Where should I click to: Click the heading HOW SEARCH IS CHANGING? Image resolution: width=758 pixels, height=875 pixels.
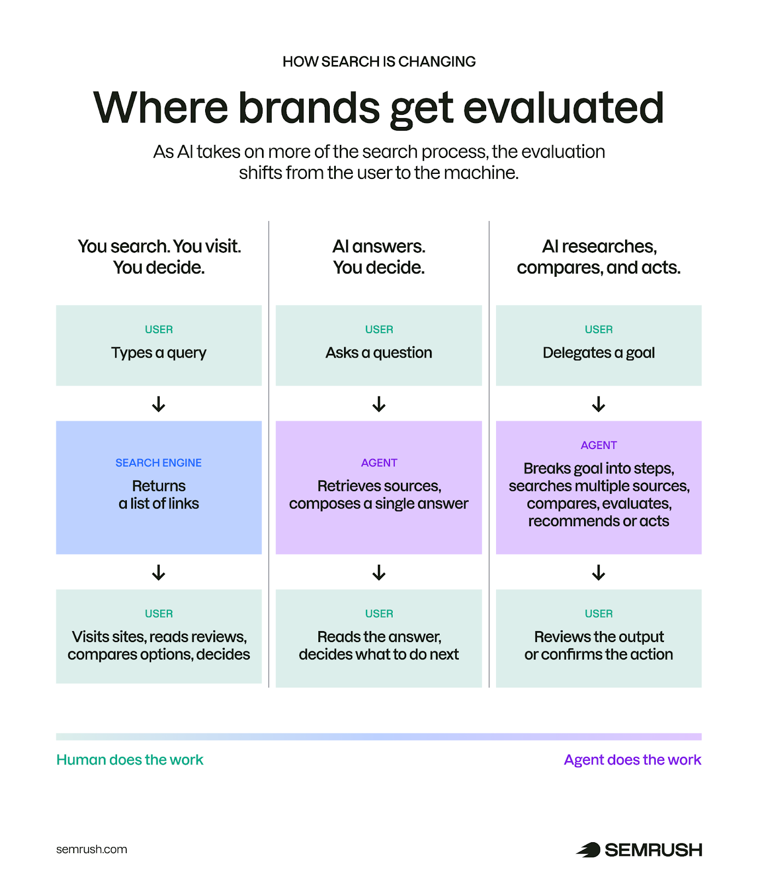pyautogui.click(x=378, y=61)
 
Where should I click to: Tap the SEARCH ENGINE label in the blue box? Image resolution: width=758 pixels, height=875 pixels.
pyautogui.click(x=159, y=463)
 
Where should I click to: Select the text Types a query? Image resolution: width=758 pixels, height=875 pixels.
pyautogui.click(x=159, y=353)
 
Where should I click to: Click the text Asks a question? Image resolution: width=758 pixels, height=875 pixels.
pyautogui.click(x=378, y=353)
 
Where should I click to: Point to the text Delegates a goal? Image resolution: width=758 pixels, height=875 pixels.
pyautogui.click(x=598, y=353)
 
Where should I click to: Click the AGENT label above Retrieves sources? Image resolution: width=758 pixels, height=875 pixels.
pyautogui.click(x=378, y=463)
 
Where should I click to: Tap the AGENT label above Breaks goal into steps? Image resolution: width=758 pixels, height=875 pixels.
pyautogui.click(x=598, y=445)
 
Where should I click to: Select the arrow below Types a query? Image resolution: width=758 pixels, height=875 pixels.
pyautogui.click(x=159, y=404)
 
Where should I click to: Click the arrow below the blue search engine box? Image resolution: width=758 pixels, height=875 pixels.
pyautogui.click(x=159, y=573)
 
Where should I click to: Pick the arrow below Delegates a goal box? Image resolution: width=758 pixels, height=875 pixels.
pyautogui.click(x=598, y=404)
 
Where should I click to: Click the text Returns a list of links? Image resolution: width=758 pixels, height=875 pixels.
pyautogui.click(x=159, y=494)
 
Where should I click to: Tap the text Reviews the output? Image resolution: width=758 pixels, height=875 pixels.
pyautogui.click(x=598, y=637)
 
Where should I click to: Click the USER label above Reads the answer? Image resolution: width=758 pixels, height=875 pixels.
pyautogui.click(x=378, y=614)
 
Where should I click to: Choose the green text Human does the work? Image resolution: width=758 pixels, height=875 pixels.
pyautogui.click(x=130, y=760)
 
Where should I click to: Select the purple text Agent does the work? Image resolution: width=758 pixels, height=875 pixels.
pyautogui.click(x=632, y=760)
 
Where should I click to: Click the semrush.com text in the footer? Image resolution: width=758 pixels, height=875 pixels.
pyautogui.click(x=91, y=849)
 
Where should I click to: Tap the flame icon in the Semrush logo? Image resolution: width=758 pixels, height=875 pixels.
pyautogui.click(x=588, y=850)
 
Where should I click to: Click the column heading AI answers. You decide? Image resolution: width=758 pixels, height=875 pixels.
pyautogui.click(x=378, y=256)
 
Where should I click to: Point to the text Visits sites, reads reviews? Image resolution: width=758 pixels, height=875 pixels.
pyautogui.click(x=159, y=637)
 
